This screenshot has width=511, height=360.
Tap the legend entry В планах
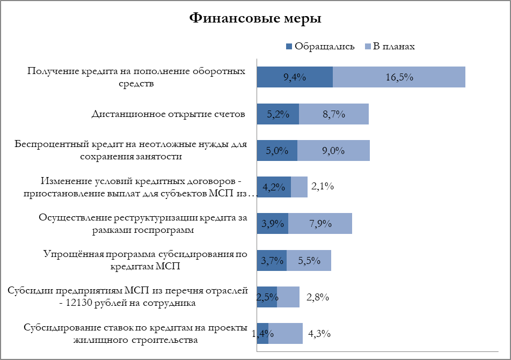[390, 46]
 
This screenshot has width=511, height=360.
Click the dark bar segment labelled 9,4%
[295, 77]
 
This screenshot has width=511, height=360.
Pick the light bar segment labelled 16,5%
[399, 77]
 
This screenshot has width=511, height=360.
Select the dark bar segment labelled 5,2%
[278, 114]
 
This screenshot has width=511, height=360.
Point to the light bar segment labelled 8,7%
[334, 114]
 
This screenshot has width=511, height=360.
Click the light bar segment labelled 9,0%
[333, 150]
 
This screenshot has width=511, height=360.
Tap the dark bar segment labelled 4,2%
[274, 187]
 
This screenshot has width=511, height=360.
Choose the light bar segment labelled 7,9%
[320, 223]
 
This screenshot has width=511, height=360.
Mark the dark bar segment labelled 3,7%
[272, 260]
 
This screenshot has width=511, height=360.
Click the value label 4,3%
[319, 333]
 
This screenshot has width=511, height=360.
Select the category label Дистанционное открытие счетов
[168, 114]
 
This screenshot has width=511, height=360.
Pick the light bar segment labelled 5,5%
[309, 260]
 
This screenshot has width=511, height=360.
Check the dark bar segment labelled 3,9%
[272, 223]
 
